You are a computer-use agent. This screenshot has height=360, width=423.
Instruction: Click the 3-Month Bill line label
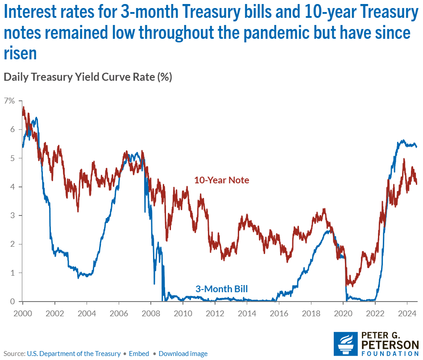tap(222, 289)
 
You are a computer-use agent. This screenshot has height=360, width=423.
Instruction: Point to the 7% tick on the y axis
tap(9, 101)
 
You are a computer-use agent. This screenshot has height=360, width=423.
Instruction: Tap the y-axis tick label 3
tap(12, 215)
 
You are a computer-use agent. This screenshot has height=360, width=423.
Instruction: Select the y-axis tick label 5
tap(12, 158)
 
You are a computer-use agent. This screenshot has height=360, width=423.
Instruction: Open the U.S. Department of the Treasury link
tap(74, 354)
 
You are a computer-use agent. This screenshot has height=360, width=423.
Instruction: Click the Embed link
tap(139, 354)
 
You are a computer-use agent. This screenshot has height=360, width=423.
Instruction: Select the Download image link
tap(183, 354)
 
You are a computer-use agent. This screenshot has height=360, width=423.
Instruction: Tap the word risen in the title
tap(20, 54)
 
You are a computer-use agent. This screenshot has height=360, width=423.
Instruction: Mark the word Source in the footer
tap(13, 354)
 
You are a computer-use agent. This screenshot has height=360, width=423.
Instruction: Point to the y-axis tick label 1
tap(12, 273)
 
